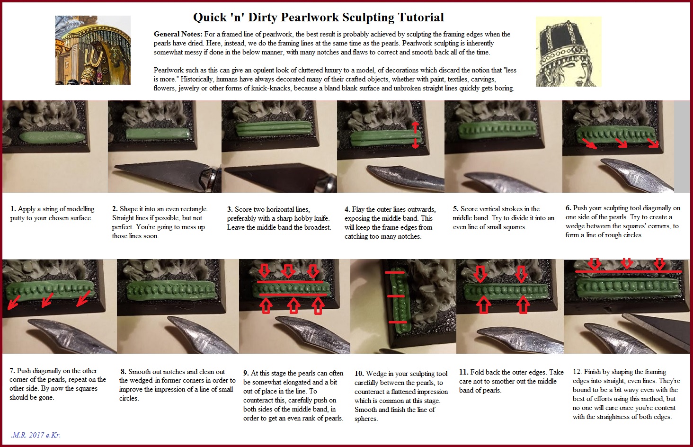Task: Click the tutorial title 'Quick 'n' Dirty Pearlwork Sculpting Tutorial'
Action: (319, 18)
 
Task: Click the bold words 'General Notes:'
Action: (178, 34)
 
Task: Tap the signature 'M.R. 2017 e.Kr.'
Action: (36, 435)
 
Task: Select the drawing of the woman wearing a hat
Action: (569, 52)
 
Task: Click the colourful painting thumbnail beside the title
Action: (93, 50)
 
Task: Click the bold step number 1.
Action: (13, 209)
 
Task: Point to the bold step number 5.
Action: (455, 209)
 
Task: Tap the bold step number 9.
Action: (246, 373)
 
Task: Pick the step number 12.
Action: (577, 371)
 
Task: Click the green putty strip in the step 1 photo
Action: (52, 137)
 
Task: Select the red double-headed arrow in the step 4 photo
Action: (415, 134)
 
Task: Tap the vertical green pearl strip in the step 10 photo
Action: (400, 299)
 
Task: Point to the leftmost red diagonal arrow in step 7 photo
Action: (14, 302)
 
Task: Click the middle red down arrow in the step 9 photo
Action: (288, 271)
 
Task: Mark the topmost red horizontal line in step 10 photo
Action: (394, 273)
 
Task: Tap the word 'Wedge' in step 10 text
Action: (375, 374)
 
